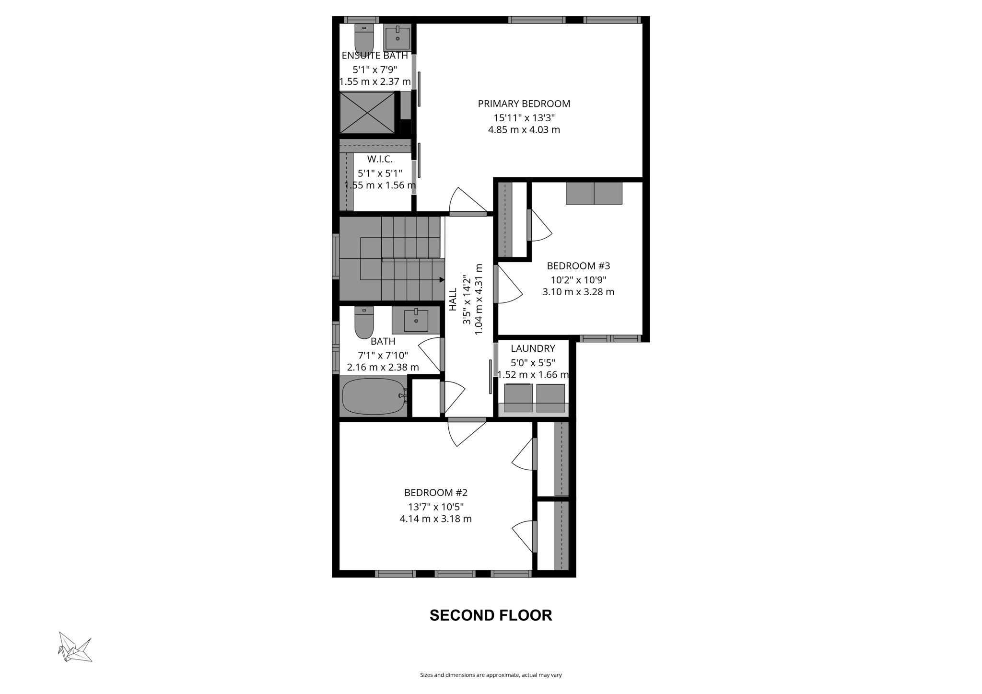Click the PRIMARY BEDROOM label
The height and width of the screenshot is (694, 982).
[x=524, y=104]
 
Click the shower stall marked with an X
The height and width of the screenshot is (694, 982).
[x=367, y=113]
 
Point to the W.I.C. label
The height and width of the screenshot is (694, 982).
[x=380, y=159]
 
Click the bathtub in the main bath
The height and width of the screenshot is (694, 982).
[x=373, y=396]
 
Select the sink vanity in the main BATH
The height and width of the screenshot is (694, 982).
[x=416, y=320]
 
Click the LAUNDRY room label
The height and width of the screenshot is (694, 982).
[x=533, y=348]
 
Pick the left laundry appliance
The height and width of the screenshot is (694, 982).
[x=518, y=398]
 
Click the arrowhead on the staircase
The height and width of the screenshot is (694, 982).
[x=442, y=279]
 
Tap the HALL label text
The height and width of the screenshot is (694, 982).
[x=453, y=300]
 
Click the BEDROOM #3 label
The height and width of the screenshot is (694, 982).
[x=578, y=266]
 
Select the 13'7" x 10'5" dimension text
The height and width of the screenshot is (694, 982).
[x=435, y=507]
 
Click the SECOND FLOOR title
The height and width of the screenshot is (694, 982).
[x=491, y=615]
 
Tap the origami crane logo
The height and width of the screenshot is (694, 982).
[x=75, y=648]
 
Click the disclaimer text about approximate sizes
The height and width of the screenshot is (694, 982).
[x=491, y=675]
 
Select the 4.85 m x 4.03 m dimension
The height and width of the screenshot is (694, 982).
[x=524, y=130]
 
